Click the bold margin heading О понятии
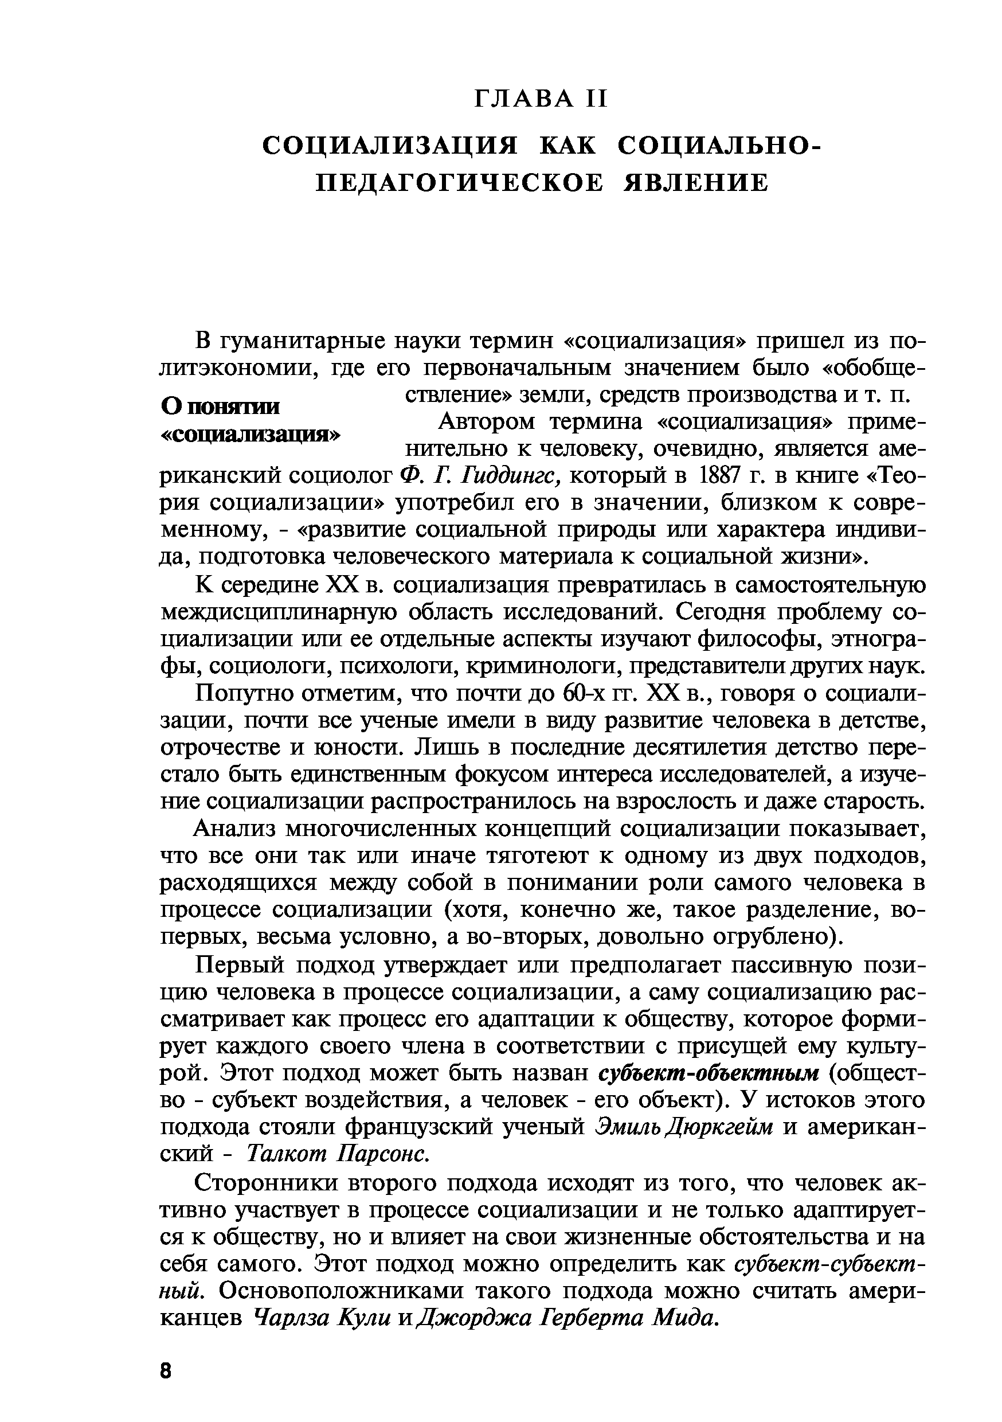click(221, 407)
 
